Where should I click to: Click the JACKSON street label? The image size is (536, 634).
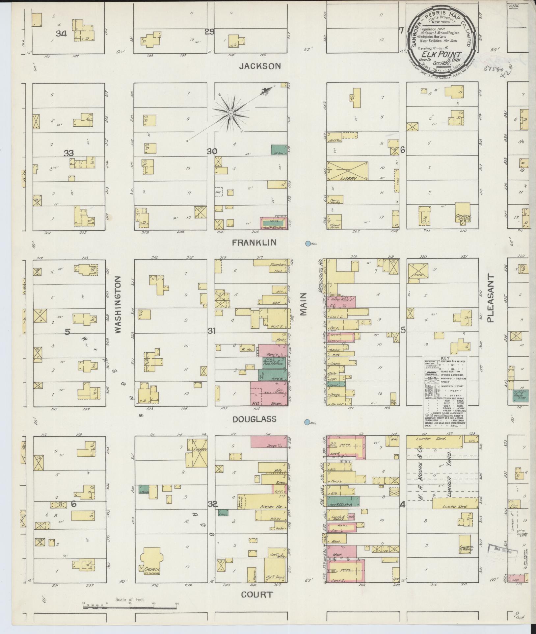point(260,66)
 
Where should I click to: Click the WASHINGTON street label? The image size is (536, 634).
point(118,304)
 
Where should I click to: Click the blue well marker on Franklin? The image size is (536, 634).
point(308,244)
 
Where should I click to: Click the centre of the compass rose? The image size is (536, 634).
point(231,113)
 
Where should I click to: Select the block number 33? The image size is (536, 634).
point(68,153)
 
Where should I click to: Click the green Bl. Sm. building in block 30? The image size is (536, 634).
point(278,150)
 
